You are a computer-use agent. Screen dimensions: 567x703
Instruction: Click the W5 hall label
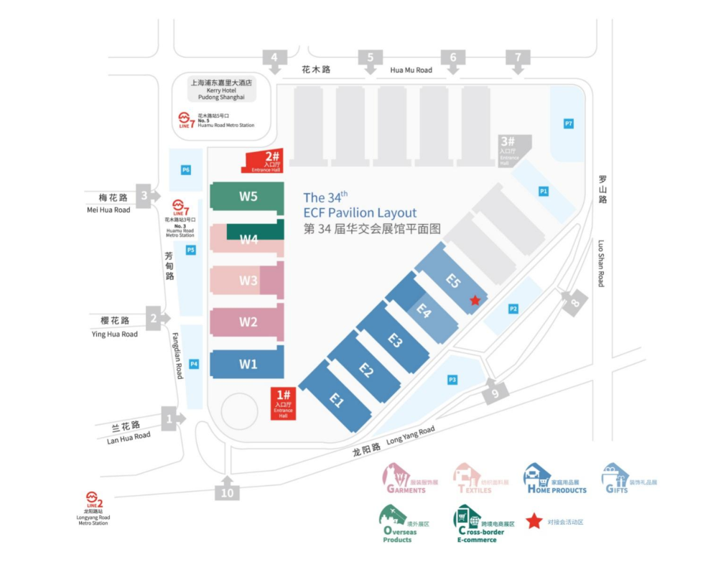(248, 197)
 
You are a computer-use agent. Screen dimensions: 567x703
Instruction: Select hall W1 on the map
(248, 364)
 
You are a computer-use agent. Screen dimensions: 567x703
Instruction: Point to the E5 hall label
(452, 282)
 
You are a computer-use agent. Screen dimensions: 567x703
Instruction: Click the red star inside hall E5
(475, 301)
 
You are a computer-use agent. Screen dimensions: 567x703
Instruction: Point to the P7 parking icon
(569, 124)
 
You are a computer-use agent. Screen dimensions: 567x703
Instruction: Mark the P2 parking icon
(513, 309)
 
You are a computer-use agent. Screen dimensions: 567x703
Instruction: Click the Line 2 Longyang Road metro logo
(93, 497)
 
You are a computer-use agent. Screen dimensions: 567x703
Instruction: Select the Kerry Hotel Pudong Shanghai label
(222, 89)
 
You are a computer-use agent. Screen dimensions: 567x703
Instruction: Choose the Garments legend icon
(395, 475)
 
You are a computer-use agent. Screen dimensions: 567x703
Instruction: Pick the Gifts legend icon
(615, 475)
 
